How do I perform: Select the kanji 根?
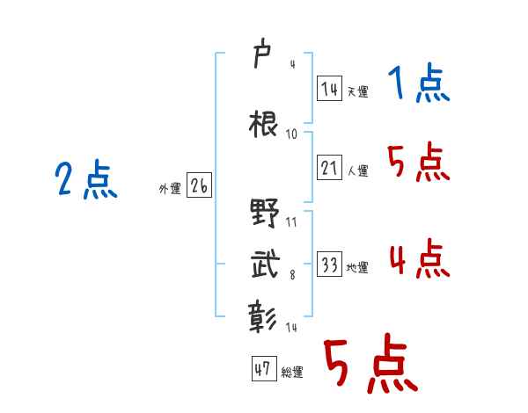pos(264,124)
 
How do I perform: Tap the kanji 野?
pos(264,214)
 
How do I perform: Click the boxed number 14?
pos(330,88)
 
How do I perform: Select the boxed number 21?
pos(330,169)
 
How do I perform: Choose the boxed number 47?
pos(263,369)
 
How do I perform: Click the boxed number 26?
pos(199,186)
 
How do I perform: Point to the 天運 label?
pos(357,91)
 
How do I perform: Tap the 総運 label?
pos(291,373)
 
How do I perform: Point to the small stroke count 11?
pos(291,221)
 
